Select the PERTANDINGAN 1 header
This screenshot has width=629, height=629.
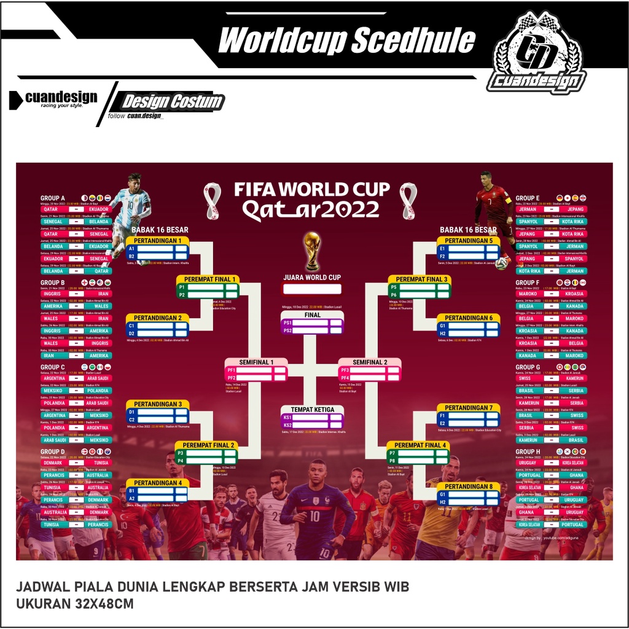click(x=158, y=241)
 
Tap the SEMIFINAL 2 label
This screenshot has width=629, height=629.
click(x=369, y=362)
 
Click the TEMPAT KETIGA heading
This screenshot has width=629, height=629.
click(x=312, y=409)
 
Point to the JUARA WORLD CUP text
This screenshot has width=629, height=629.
click(x=312, y=278)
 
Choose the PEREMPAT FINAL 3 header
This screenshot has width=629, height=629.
click(x=420, y=279)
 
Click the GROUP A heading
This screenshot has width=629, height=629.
click(x=53, y=198)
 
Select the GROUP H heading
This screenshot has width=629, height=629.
click(x=528, y=452)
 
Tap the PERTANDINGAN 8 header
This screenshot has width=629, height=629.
click(x=469, y=486)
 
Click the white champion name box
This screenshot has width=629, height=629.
click(x=312, y=289)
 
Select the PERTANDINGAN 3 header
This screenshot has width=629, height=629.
click(x=158, y=404)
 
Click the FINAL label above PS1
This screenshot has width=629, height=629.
click(x=312, y=315)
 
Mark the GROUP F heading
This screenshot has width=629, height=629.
click(x=528, y=283)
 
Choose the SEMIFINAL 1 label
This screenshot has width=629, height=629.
click(x=256, y=362)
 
